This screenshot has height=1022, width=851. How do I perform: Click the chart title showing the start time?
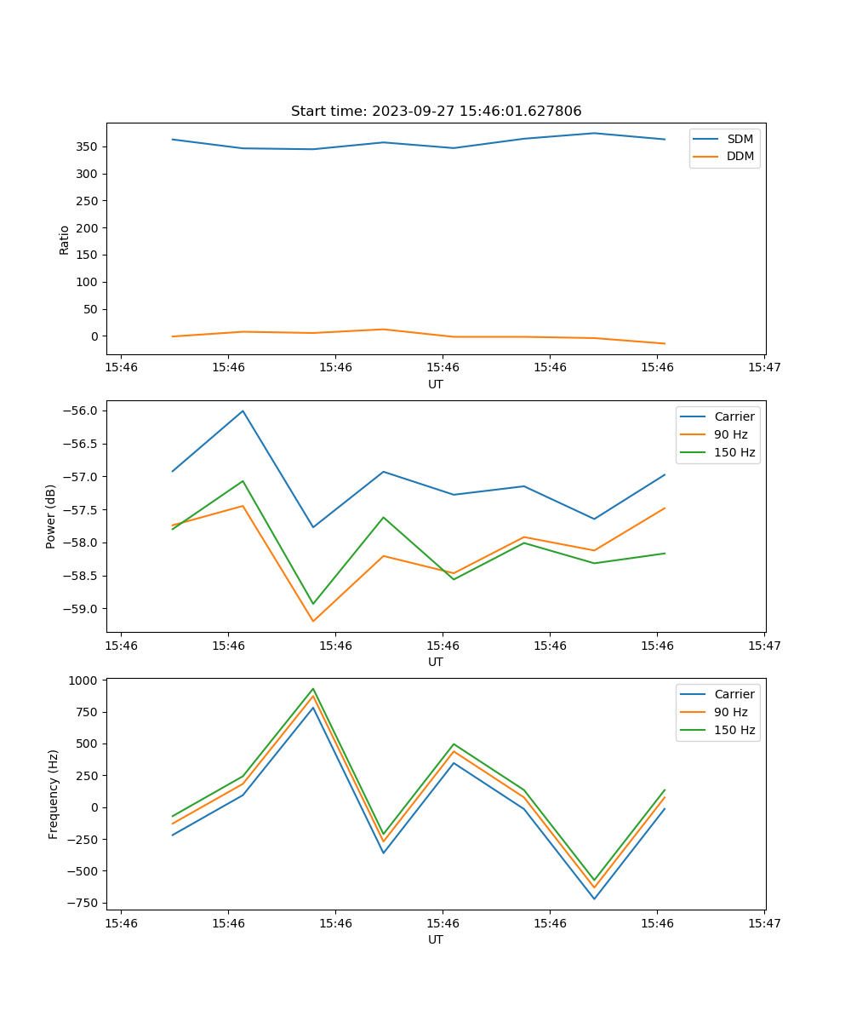pyautogui.click(x=436, y=112)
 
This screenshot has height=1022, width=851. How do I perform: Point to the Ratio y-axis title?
pyautogui.click(x=65, y=239)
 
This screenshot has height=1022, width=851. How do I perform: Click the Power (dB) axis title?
pyautogui.click(x=51, y=516)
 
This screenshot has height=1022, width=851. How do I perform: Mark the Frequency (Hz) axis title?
pyautogui.click(x=54, y=794)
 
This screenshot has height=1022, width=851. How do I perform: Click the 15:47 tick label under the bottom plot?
pyautogui.click(x=764, y=923)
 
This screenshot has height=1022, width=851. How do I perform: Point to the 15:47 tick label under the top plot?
pyautogui.click(x=764, y=368)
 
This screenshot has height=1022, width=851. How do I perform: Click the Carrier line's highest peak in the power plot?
pyautogui.click(x=243, y=411)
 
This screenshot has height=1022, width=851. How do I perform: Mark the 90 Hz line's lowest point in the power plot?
pyautogui.click(x=313, y=621)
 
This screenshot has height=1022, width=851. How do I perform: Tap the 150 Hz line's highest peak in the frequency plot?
pyautogui.click(x=313, y=689)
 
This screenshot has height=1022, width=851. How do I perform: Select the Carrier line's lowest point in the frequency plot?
pyautogui.click(x=594, y=899)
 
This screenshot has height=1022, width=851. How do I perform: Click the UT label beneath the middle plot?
pyautogui.click(x=436, y=662)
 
